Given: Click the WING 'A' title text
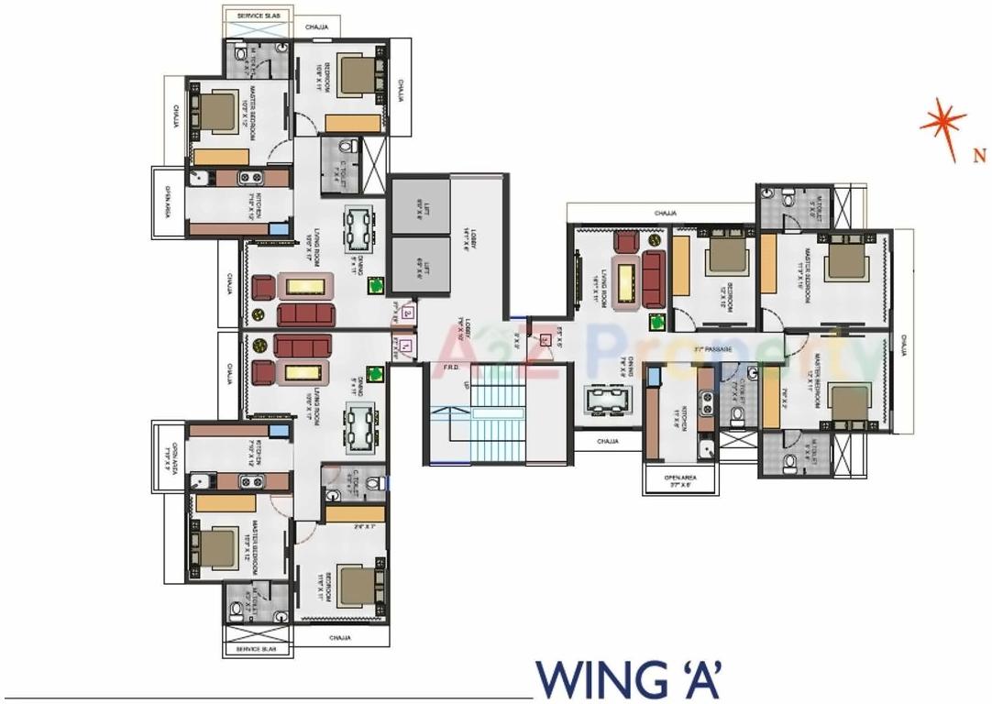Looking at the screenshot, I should click(x=631, y=679).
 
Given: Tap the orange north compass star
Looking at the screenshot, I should click(x=942, y=124).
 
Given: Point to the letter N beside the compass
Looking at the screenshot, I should click(x=978, y=156).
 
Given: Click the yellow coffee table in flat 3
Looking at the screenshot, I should click(x=628, y=280).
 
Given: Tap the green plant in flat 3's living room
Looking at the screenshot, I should click(x=657, y=323).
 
